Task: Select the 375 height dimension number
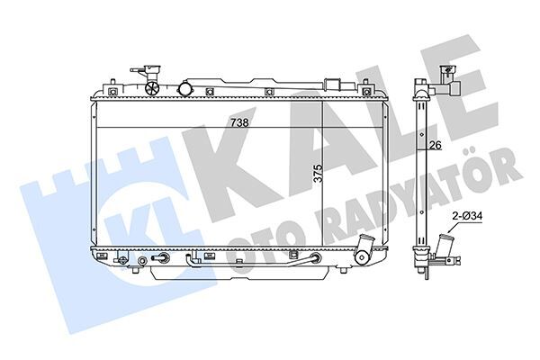317,174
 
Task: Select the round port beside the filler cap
186,88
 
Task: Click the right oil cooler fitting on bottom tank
315,261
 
